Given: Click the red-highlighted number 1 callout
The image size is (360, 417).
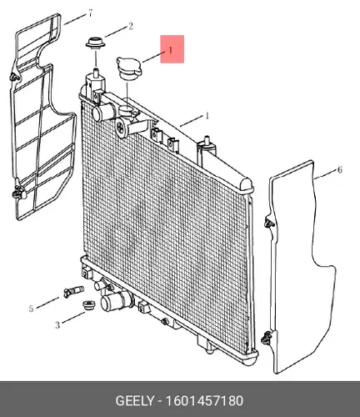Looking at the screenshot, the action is click(x=171, y=50).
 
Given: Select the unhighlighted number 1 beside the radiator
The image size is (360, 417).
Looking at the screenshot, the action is click(x=207, y=116).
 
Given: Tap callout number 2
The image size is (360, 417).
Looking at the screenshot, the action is click(x=131, y=27).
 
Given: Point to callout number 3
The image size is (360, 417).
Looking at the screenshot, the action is click(x=57, y=324).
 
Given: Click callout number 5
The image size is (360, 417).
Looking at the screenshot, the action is click(x=31, y=309).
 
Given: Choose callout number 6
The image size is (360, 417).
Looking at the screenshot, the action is click(x=340, y=170).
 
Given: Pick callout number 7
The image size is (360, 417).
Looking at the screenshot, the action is click(x=90, y=13).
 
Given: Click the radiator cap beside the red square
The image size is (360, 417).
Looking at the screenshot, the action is click(x=129, y=68).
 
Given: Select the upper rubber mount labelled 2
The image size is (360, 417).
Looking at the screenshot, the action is click(x=96, y=43).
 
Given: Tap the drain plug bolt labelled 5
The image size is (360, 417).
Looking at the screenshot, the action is click(x=73, y=292).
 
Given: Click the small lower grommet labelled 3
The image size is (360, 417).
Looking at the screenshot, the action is click(x=89, y=305).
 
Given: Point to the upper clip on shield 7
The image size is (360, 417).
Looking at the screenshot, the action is click(x=15, y=77).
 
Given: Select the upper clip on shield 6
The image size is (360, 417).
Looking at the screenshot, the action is click(x=268, y=223).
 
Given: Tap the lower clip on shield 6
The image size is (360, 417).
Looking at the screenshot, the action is click(x=266, y=338).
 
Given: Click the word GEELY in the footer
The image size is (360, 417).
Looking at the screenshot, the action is click(x=134, y=401).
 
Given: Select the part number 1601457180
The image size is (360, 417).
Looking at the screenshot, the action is click(x=204, y=401).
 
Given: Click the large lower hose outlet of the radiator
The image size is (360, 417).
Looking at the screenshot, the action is click(x=115, y=302).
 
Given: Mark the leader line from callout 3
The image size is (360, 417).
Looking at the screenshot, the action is click(x=73, y=318).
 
